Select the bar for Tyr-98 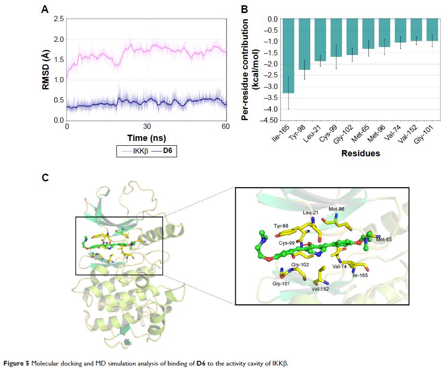click(x=304, y=44)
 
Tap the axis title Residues click(x=361, y=154)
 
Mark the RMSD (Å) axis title click(x=46, y=70)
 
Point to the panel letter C click(x=45, y=178)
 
